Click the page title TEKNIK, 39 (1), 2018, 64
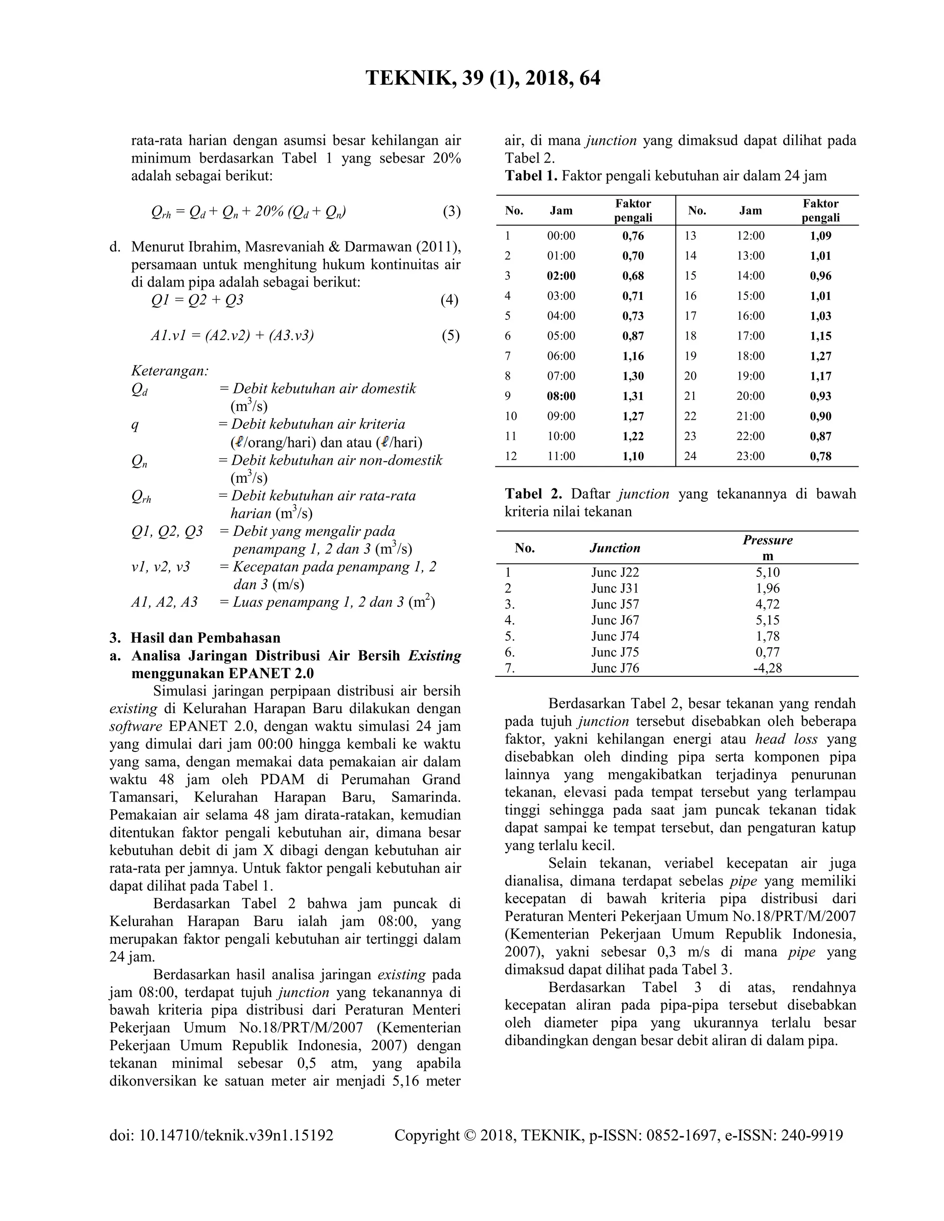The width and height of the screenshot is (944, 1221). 483,78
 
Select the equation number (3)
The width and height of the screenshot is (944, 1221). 451,211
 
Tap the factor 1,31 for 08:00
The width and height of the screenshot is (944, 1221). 633,396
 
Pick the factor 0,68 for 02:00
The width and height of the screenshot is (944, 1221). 633,276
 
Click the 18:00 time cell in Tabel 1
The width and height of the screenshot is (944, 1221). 750,356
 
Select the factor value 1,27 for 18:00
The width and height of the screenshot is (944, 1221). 820,356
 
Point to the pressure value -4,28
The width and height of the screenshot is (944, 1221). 767,668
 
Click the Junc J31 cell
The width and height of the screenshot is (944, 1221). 614,588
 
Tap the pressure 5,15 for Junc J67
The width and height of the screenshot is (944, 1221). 767,620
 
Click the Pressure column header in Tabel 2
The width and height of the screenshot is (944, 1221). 767,540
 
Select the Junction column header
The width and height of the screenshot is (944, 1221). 614,548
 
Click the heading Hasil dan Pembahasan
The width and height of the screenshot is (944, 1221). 205,638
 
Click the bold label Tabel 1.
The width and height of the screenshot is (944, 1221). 531,176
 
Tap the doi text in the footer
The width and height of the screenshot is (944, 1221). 221,1135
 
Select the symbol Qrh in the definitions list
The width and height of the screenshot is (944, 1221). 141,497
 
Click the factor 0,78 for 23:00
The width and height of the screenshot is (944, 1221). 820,456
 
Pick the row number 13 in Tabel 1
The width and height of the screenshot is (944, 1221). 690,236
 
